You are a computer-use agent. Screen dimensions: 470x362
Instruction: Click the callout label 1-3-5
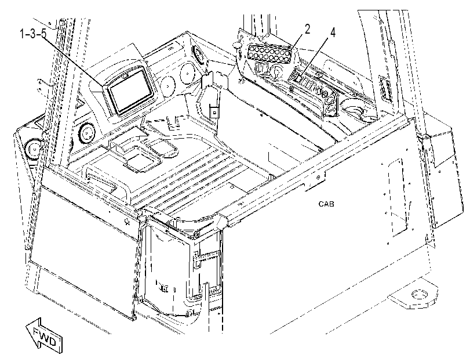(x=33, y=34)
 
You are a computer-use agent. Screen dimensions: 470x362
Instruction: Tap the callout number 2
(x=307, y=30)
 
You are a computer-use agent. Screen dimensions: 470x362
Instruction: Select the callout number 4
(x=332, y=32)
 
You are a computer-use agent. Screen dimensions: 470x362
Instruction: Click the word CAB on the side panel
(x=326, y=204)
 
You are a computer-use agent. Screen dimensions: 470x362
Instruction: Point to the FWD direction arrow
(x=45, y=335)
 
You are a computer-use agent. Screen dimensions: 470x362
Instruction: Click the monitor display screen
(x=131, y=93)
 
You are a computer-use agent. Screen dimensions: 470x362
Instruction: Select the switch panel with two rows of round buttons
(x=269, y=53)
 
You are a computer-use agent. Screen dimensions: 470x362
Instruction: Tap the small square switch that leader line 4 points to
(x=299, y=78)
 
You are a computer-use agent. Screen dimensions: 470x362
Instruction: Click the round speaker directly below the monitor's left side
(x=86, y=133)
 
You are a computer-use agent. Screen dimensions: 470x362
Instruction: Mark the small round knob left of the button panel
(x=236, y=45)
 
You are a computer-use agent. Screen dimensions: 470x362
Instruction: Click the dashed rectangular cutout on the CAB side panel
(x=398, y=197)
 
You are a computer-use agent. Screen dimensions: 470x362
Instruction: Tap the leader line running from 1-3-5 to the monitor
(x=74, y=61)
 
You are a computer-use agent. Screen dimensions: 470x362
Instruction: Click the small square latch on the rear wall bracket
(x=214, y=113)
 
